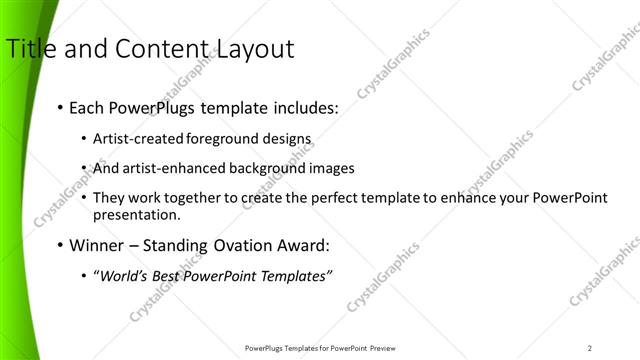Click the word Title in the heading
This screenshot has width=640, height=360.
pos(29,48)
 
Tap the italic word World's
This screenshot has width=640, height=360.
pos(121,276)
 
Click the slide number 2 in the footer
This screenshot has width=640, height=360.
pos(590,347)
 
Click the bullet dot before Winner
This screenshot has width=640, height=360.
pos(61,245)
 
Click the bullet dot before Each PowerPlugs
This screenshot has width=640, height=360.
pos(61,106)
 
